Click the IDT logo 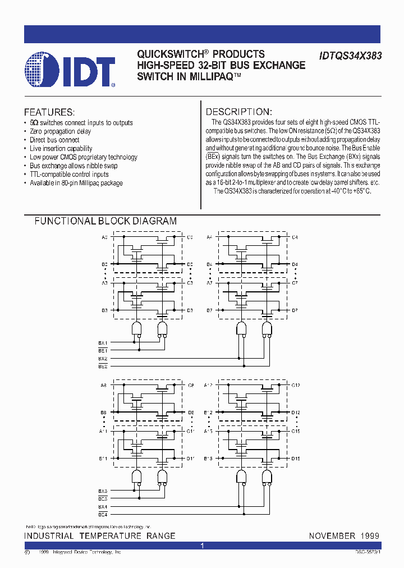(x=71, y=70)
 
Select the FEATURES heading (x=49, y=112)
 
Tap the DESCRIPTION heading (x=238, y=112)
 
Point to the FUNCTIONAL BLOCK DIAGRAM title (x=105, y=221)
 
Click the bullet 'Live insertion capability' (x=61, y=149)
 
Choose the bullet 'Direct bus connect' (x=54, y=140)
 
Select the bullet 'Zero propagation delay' (x=60, y=131)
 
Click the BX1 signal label (x=103, y=342)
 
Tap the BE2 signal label (x=103, y=366)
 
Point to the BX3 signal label (x=103, y=491)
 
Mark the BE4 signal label (x=103, y=514)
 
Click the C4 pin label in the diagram (x=295, y=237)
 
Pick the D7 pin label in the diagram (x=295, y=310)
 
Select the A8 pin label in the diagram (x=104, y=386)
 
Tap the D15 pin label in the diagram (x=296, y=459)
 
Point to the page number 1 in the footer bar (x=202, y=546)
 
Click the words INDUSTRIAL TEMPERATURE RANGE (x=100, y=536)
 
